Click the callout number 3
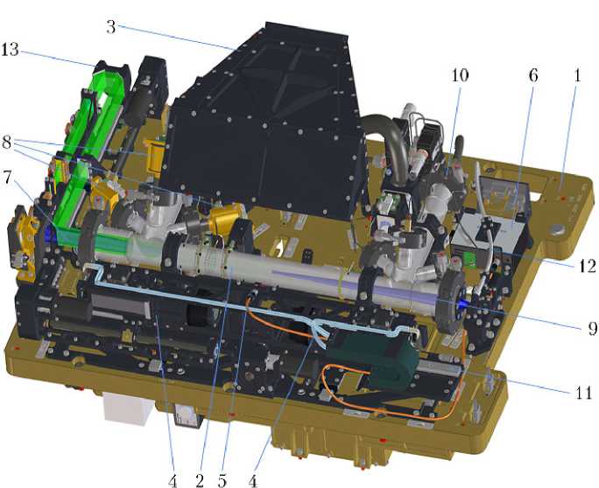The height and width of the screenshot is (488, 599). (111, 27)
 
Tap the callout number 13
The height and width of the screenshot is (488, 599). (10, 50)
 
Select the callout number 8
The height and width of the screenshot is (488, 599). (6, 143)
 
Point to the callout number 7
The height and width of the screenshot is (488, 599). (7, 178)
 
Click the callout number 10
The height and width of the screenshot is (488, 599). (460, 75)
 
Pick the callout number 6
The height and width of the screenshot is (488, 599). (533, 75)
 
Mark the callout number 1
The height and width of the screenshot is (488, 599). (578, 75)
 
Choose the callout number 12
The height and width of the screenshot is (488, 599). (587, 266)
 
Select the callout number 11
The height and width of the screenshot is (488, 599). (583, 392)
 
